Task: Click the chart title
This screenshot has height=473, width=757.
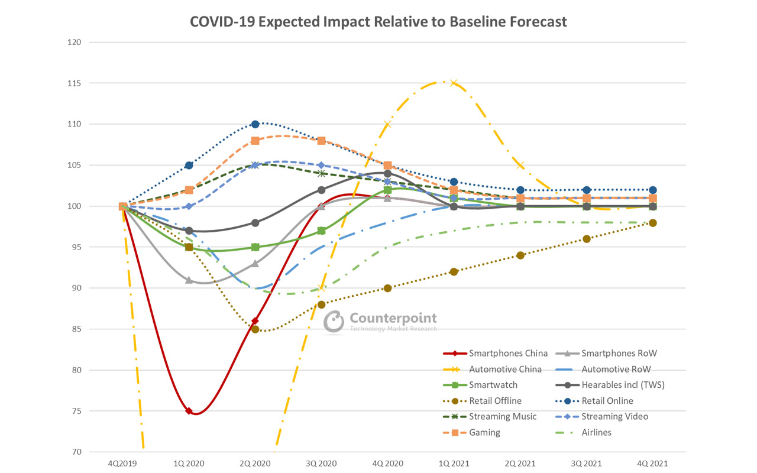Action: click(378, 22)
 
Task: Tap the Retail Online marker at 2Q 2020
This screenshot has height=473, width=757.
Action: click(255, 124)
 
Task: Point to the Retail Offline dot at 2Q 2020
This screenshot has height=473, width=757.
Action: click(255, 329)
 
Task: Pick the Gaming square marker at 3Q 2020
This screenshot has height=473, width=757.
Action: click(322, 141)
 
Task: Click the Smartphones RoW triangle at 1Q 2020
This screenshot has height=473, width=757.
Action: click(189, 280)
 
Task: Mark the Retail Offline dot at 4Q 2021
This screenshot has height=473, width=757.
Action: click(652, 223)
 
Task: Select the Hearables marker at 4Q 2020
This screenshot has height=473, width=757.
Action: click(387, 174)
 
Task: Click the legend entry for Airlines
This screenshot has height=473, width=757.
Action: click(597, 432)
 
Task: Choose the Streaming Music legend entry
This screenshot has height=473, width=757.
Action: click(503, 416)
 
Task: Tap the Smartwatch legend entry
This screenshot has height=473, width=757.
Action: click(493, 385)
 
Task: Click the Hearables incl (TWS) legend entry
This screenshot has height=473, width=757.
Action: click(623, 385)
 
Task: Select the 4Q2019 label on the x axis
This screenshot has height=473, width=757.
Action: click(123, 464)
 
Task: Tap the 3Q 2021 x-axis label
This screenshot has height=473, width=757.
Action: click(586, 464)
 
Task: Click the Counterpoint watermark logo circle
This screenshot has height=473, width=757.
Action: click(334, 322)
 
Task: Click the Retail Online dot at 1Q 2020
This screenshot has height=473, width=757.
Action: click(189, 166)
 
